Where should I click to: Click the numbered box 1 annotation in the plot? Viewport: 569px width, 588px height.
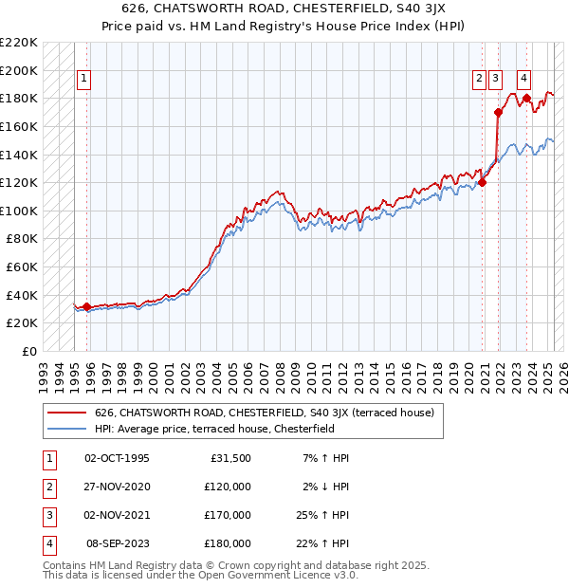(83, 79)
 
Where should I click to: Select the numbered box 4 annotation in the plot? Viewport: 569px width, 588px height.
(523, 79)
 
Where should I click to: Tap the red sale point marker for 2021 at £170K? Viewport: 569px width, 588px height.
(498, 113)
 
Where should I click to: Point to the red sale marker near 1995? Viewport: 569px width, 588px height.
(86, 306)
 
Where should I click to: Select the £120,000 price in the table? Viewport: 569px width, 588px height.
(227, 487)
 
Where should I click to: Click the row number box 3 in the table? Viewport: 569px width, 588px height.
(47, 515)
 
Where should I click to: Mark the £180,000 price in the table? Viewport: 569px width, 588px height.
(227, 543)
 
